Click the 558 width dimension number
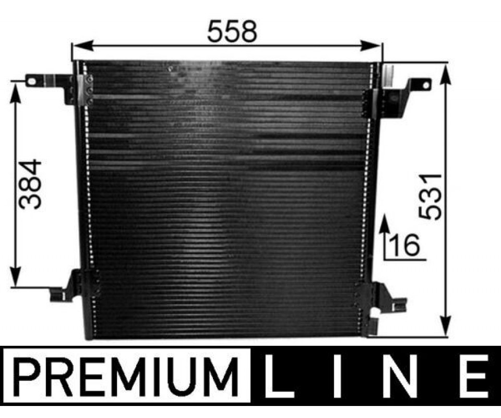(x=232, y=31)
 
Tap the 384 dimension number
(x=30, y=184)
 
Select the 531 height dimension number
(x=430, y=197)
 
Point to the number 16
(x=404, y=245)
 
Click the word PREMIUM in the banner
(x=127, y=376)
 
